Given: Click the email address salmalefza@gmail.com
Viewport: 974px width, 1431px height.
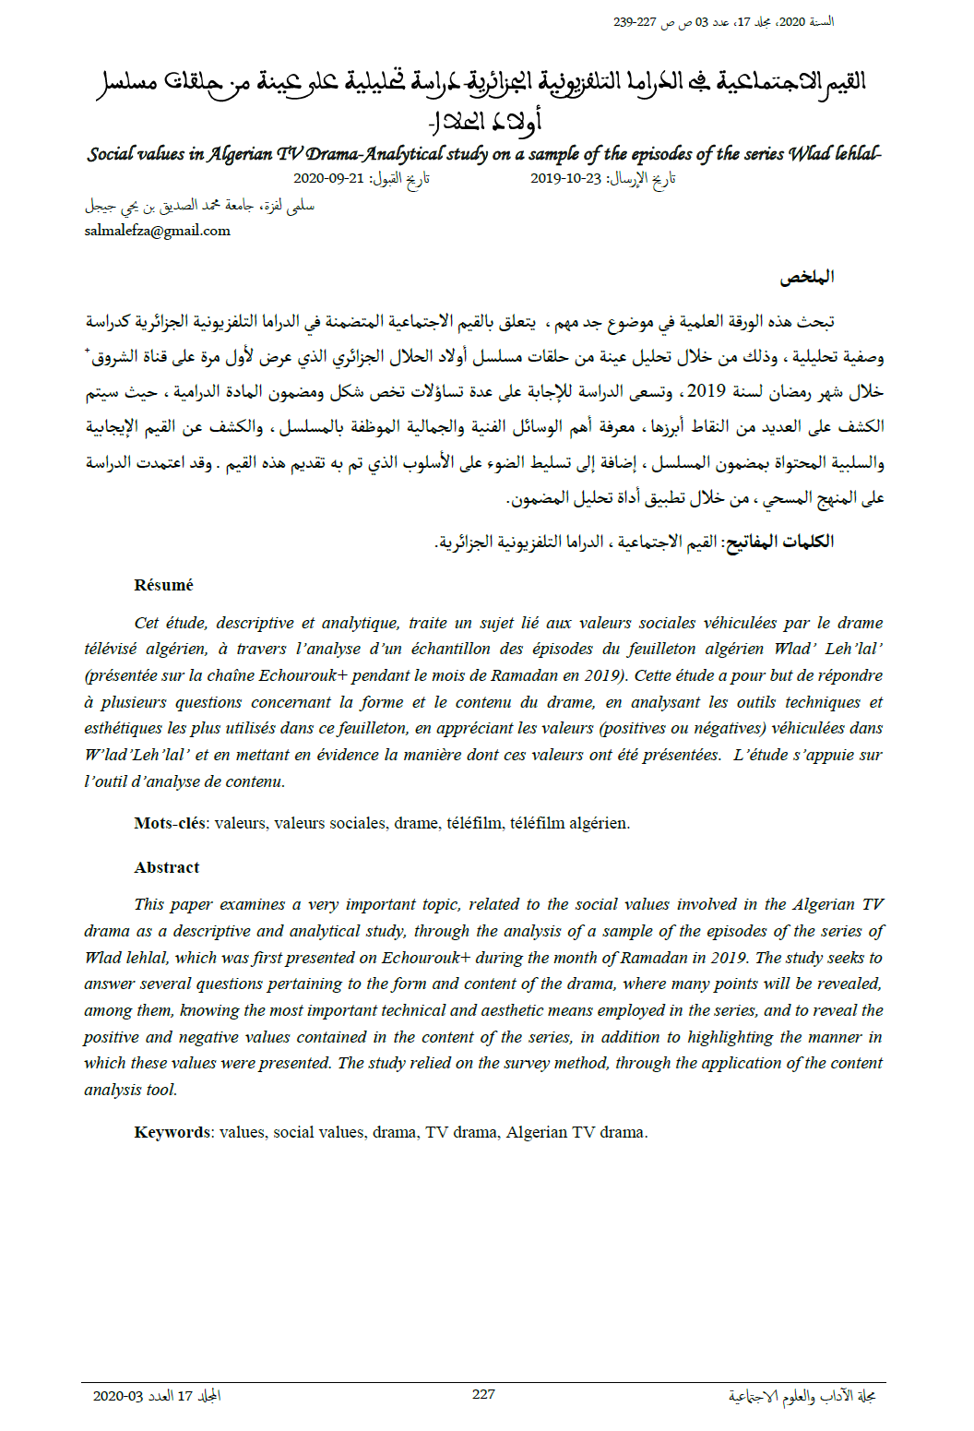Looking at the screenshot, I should [157, 231].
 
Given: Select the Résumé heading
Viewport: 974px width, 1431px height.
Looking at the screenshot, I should [163, 585].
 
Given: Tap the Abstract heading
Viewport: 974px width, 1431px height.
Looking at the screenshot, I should [166, 867].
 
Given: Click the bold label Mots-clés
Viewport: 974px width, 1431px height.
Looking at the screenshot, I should [171, 823].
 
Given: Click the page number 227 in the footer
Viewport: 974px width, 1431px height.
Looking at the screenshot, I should [483, 1394].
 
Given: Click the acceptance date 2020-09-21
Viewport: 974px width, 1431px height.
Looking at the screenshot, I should [328, 178].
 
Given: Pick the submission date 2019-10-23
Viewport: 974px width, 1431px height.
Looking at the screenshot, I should [565, 178].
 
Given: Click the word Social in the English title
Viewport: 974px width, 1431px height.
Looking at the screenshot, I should [111, 154].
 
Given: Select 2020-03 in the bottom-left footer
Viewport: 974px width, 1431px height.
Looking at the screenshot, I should [118, 1396].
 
